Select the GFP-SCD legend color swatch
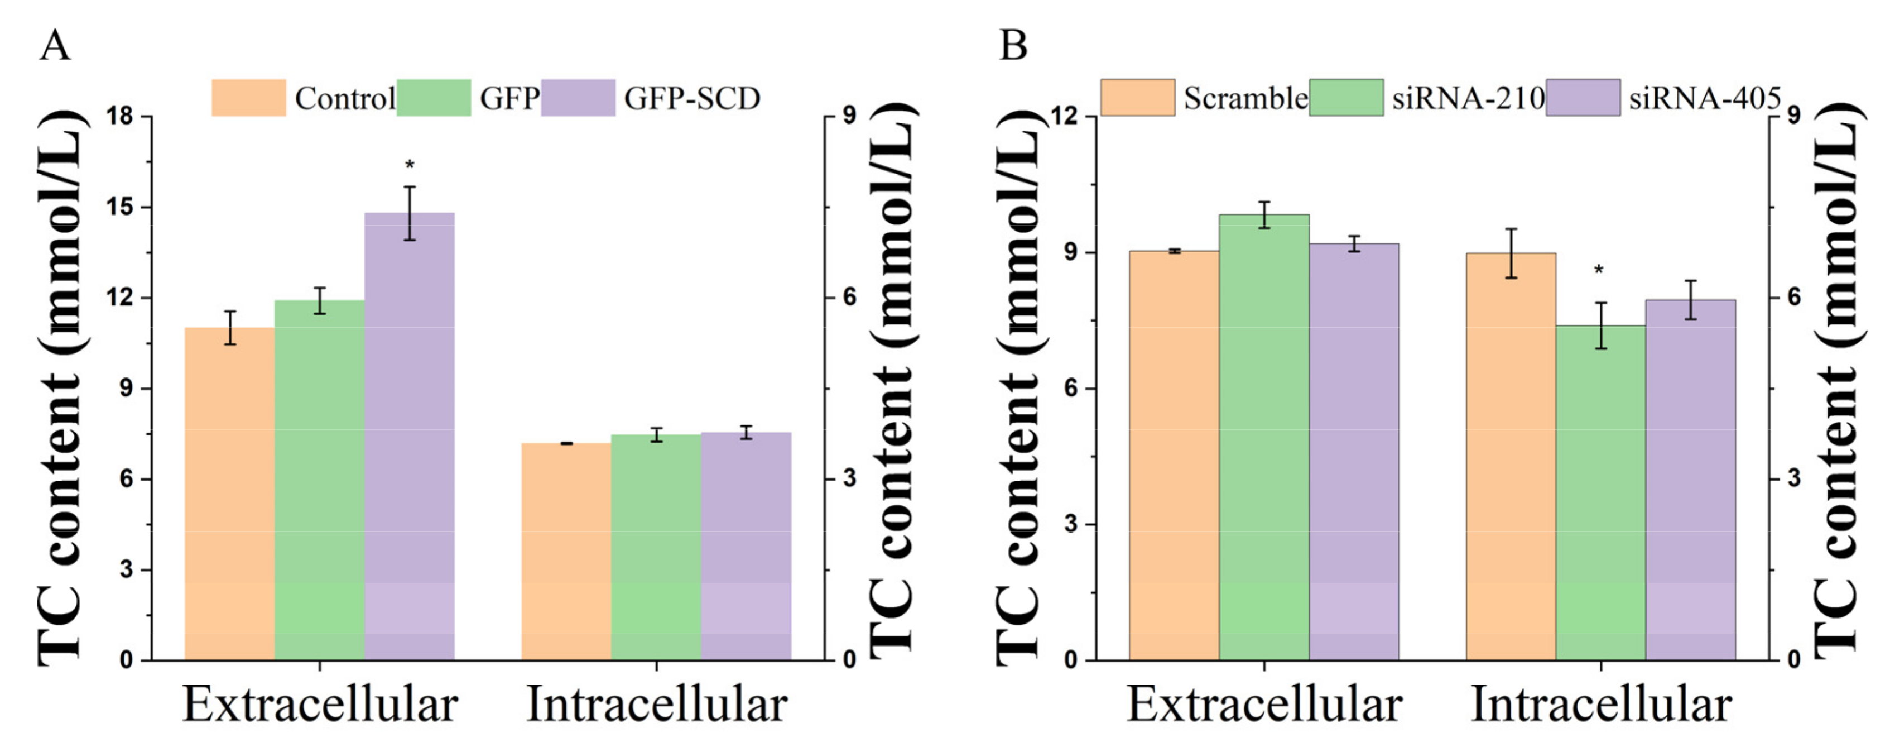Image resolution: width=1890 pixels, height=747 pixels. (x=578, y=98)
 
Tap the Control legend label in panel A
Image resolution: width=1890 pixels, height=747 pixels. (x=345, y=98)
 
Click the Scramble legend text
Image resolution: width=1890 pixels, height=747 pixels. (x=1245, y=98)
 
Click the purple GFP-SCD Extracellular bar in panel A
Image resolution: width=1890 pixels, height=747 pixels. (x=410, y=440)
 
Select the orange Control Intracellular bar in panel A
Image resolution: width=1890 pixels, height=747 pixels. (x=566, y=550)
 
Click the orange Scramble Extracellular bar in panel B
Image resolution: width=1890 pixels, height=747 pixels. (x=1174, y=455)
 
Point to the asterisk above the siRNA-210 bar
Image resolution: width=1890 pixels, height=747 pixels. (x=1599, y=271)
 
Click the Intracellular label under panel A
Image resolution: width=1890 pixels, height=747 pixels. (x=657, y=705)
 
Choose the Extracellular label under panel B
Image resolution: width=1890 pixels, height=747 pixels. (x=1264, y=705)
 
